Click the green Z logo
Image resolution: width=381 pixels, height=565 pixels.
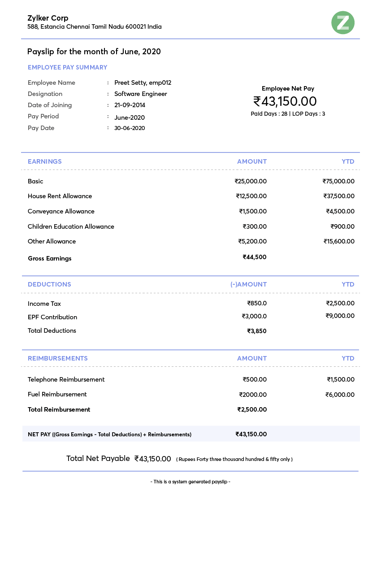click(343, 23)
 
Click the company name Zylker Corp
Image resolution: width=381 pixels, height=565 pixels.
click(48, 18)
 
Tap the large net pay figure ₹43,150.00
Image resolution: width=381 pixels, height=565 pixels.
click(285, 101)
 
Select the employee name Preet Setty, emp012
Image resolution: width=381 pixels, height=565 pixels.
click(143, 83)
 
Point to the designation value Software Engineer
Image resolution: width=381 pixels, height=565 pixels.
click(141, 94)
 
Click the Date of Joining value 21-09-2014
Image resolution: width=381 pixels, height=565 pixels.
click(130, 105)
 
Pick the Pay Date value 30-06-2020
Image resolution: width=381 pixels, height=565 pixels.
click(130, 128)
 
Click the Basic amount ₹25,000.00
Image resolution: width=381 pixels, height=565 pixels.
click(251, 181)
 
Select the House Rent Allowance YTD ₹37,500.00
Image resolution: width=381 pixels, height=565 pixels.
click(339, 196)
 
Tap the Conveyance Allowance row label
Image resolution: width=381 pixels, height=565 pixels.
click(61, 211)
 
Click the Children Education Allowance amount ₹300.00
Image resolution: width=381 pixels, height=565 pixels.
click(255, 226)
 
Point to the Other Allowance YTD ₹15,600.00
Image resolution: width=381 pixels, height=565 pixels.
click(339, 241)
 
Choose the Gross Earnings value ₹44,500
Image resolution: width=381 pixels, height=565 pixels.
click(255, 257)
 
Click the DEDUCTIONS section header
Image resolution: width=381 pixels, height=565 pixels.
click(49, 284)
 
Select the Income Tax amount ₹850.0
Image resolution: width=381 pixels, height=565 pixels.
click(257, 303)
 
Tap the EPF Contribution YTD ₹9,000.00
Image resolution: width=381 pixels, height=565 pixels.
click(340, 316)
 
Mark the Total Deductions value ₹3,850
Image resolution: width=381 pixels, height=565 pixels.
click(257, 331)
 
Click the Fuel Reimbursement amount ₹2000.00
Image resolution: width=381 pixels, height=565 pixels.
click(253, 395)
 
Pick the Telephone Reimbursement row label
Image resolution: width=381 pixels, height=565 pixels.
click(66, 379)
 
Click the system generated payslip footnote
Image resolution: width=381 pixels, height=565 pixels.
click(190, 482)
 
